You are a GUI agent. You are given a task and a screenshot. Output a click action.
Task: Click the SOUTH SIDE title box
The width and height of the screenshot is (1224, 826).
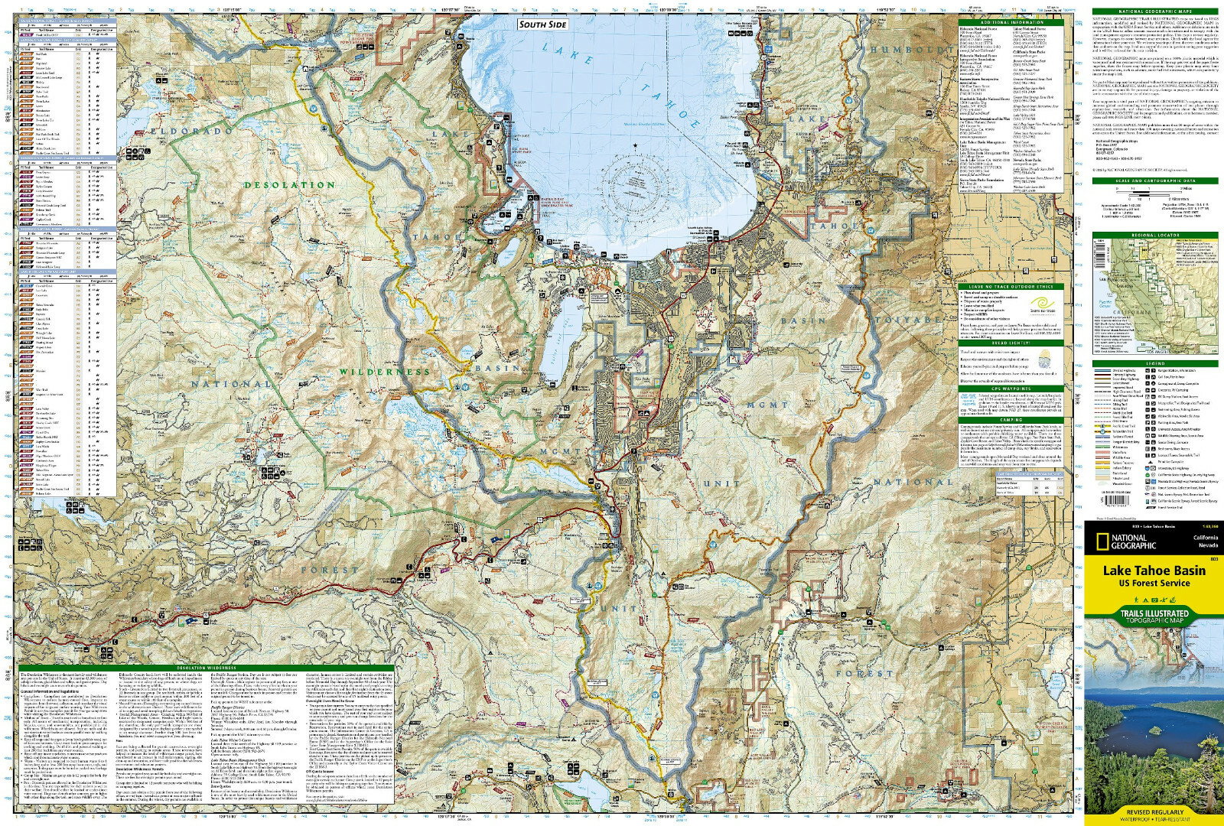(543, 24)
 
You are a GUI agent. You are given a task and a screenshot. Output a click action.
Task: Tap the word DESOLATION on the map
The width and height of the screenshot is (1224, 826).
(290, 185)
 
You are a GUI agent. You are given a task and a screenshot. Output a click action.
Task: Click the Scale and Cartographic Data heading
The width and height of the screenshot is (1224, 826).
(1155, 181)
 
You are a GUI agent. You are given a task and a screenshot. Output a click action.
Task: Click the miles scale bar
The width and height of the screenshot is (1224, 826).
(1155, 188)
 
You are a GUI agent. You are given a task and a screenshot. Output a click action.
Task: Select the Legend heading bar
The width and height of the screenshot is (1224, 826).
(1155, 363)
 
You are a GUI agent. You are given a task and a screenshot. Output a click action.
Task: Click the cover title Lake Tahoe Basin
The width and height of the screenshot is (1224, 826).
(1154, 570)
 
